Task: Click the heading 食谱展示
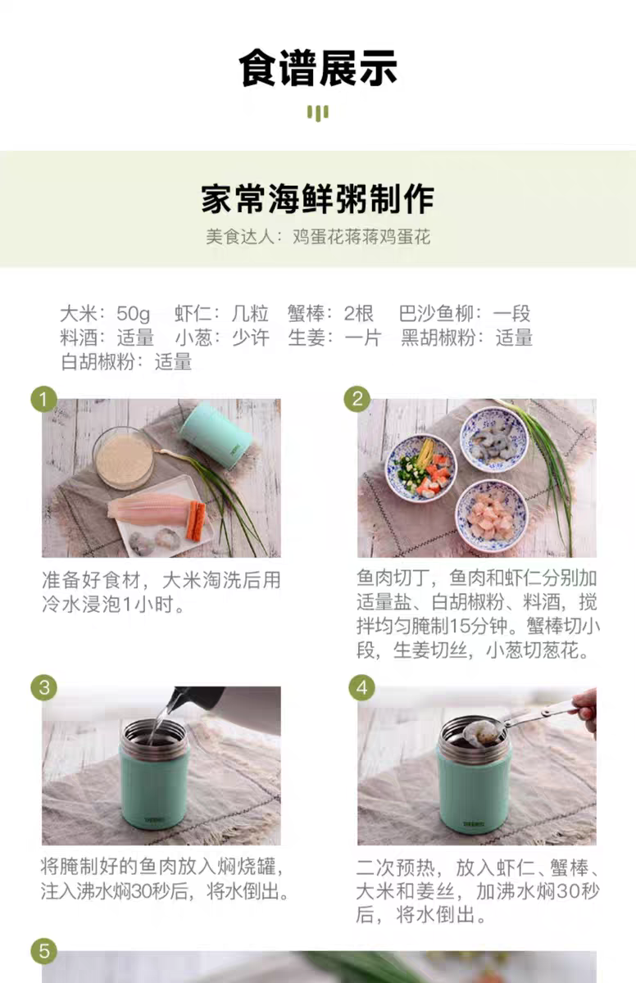(x=318, y=68)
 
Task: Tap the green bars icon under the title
(x=318, y=113)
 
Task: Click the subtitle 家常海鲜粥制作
(x=318, y=199)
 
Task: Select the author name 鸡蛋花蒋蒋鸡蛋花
(x=361, y=237)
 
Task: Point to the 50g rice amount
(x=133, y=313)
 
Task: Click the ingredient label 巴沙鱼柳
(x=436, y=313)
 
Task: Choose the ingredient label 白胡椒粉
(x=98, y=362)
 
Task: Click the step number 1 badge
(x=44, y=400)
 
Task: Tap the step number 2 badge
(x=357, y=399)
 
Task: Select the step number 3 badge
(x=44, y=687)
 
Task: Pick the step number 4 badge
(x=361, y=687)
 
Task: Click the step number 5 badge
(x=44, y=951)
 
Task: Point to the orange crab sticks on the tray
(x=196, y=521)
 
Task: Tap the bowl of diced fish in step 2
(x=492, y=515)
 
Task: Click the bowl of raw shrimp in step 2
(x=493, y=440)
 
